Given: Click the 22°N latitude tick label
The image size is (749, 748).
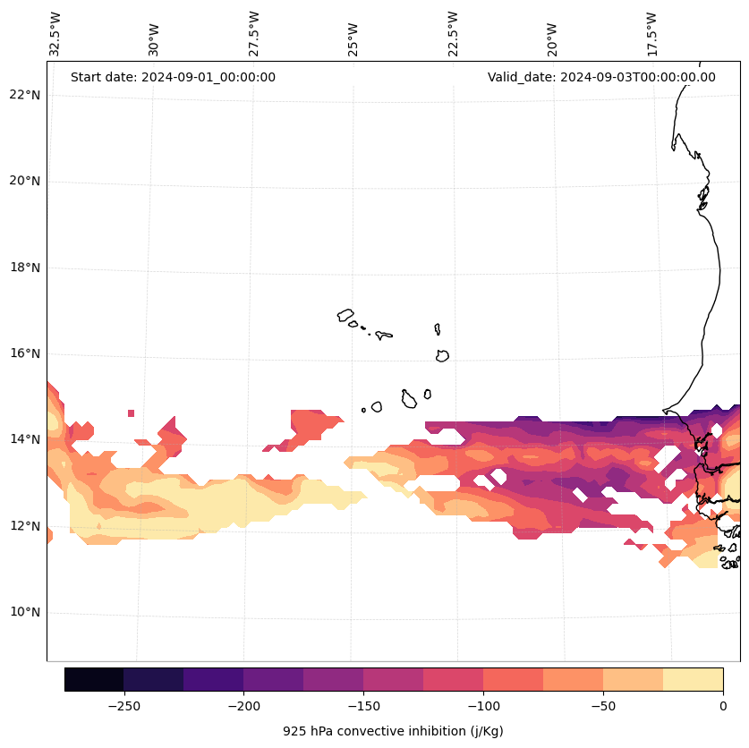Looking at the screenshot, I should pos(22,95).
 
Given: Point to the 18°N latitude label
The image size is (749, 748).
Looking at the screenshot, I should pos(22,268).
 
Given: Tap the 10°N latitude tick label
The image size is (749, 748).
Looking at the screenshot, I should pos(22,613).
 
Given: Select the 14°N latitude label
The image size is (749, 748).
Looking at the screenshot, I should pos(22,439).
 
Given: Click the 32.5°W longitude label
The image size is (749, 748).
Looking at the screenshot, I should pos(55,34).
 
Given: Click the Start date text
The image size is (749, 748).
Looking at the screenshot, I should pos(173,77).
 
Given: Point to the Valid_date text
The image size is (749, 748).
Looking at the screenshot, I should pos(601,77).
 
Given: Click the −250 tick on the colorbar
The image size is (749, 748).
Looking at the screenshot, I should pos(123,705).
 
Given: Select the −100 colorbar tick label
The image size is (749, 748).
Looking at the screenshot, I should pos(483,705).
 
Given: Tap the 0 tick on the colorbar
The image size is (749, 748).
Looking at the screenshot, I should pos(723,705).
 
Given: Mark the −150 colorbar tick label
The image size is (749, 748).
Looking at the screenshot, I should pos(363,705).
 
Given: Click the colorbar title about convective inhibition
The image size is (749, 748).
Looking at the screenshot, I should pos(393,731).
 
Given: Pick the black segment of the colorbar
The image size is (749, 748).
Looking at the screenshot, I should pos(94,679).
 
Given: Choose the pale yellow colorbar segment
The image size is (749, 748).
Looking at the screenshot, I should pos(693,679).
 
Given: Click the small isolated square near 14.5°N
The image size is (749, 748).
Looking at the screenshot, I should pos(131,413).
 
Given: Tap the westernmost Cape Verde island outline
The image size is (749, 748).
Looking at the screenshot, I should pos(345,315).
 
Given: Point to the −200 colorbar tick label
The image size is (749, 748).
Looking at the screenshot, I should pos(243,705).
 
